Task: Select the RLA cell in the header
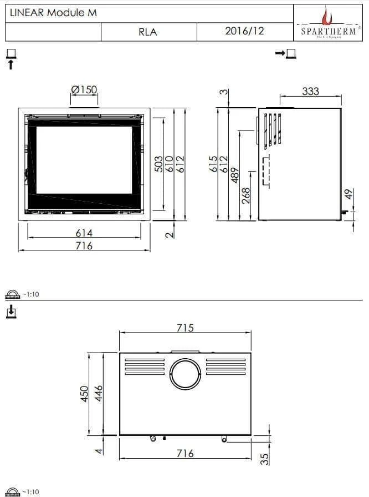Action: click(x=148, y=32)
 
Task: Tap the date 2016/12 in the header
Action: click(x=244, y=31)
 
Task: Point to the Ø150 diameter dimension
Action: click(x=84, y=90)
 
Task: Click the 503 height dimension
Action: click(x=158, y=165)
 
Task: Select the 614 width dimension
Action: click(x=84, y=233)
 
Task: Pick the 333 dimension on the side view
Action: click(x=310, y=91)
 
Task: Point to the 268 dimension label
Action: click(x=246, y=196)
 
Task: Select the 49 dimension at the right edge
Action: click(x=348, y=195)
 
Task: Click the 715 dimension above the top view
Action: click(x=185, y=328)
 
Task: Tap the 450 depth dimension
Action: click(x=85, y=393)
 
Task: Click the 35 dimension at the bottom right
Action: click(x=264, y=458)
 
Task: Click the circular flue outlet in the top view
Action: click(x=185, y=374)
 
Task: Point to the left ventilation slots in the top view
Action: click(x=145, y=367)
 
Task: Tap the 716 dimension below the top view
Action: click(x=185, y=454)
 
